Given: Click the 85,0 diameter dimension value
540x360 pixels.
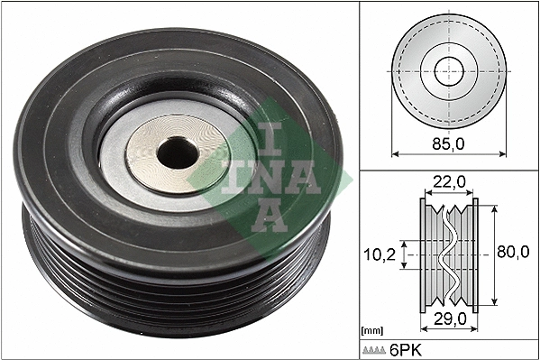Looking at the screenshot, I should [x=448, y=142].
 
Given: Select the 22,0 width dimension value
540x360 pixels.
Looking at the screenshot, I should [x=448, y=182].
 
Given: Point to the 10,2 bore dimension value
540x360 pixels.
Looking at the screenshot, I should [x=380, y=255].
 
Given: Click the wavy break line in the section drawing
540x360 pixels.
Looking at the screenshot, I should [x=448, y=254].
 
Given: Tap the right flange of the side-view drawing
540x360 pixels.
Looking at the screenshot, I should [x=476, y=254].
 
